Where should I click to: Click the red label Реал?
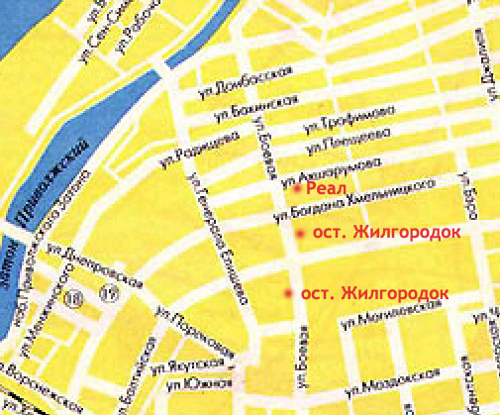(324, 186)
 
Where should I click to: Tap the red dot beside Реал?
(296, 186)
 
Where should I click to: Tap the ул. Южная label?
(199, 382)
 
